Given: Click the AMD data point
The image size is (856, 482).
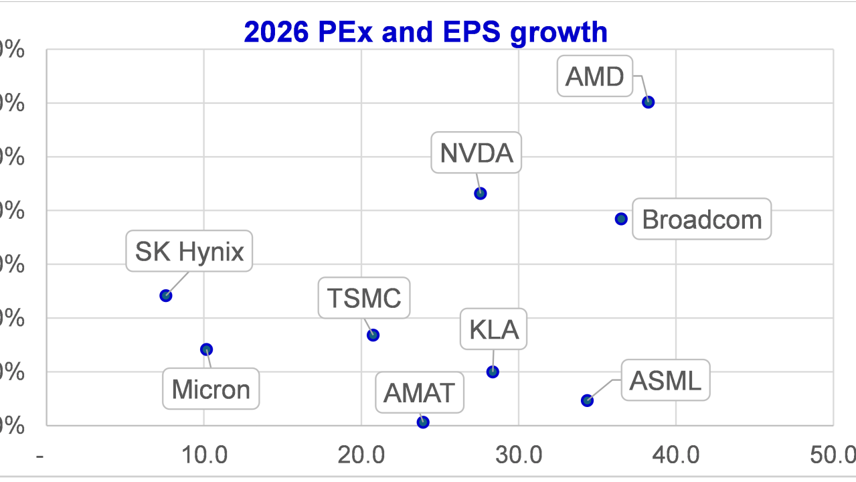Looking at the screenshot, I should [648, 102].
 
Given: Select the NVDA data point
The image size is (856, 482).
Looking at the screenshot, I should [480, 193].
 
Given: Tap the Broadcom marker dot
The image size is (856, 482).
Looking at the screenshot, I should [621, 219].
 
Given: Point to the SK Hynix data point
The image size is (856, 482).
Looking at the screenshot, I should [166, 295].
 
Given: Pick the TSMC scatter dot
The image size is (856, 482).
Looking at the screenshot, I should [373, 335].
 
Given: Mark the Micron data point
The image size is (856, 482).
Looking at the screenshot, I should [206, 349].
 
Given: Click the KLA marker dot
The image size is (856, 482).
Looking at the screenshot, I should [493, 372].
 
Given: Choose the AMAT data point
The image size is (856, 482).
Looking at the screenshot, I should [422, 422].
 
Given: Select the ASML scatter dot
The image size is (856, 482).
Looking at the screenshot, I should [587, 400].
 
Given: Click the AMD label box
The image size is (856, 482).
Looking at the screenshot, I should [594, 77].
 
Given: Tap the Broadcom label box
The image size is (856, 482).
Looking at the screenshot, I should [701, 220].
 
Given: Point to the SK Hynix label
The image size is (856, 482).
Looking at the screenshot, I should [189, 252].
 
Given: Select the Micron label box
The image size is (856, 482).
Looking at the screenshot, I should [211, 389].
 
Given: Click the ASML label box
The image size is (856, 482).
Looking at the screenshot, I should [665, 381].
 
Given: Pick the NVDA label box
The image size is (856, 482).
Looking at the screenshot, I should [476, 153].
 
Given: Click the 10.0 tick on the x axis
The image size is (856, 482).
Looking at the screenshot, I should [204, 456].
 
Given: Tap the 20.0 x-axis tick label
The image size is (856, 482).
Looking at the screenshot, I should [361, 456].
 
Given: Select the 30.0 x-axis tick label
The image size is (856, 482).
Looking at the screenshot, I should [519, 456].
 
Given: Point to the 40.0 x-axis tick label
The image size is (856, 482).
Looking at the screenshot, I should [676, 456].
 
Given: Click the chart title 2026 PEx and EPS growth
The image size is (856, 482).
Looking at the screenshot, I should [426, 31].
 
